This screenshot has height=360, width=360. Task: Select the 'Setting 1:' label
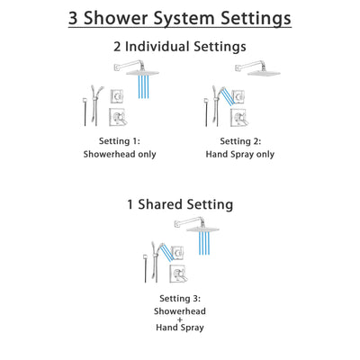121,140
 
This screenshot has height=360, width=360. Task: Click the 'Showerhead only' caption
121,154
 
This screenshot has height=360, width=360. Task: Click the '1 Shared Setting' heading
180,204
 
